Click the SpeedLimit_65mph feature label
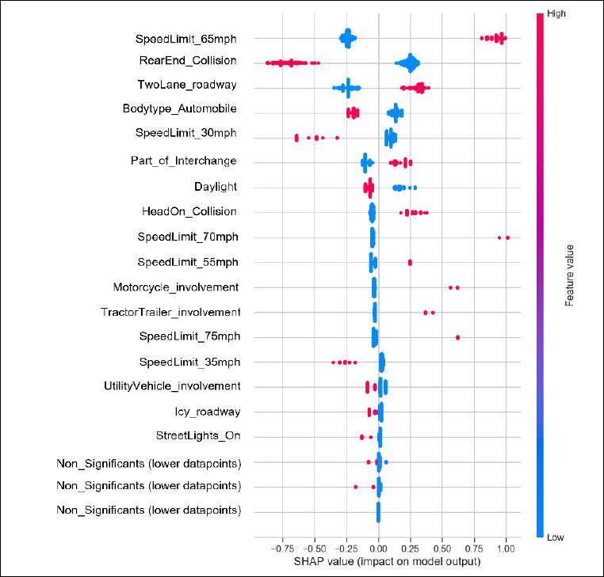coord(185,39)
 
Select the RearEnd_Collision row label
coord(188,61)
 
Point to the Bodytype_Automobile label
coord(179,108)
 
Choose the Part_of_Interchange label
coord(183,161)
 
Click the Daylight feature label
coord(216,187)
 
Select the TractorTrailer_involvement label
coord(170,312)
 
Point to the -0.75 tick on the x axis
coord(282,547)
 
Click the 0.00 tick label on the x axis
coord(378,547)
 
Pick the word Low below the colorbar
coord(556,536)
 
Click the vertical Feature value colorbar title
coord(569,275)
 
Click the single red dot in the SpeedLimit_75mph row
coord(458,337)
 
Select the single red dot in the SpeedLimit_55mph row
coord(410,262)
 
